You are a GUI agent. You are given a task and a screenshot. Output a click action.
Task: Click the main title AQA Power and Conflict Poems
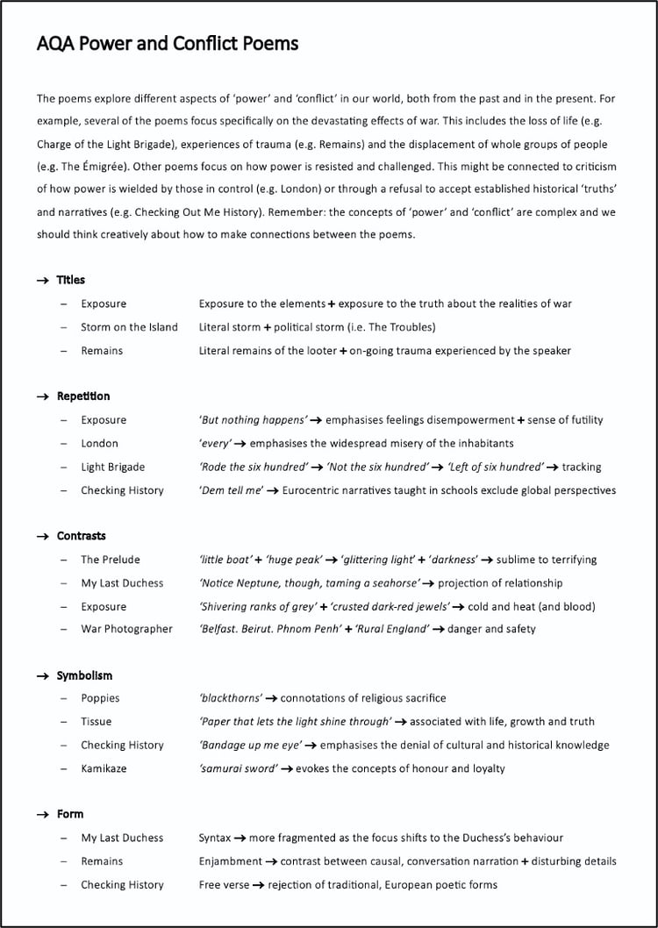168,43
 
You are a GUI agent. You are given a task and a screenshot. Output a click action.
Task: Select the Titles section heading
71,280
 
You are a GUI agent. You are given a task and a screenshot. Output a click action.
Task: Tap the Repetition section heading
83,396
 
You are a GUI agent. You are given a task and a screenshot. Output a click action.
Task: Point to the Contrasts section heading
81,536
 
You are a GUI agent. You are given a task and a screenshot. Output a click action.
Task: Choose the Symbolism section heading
84,676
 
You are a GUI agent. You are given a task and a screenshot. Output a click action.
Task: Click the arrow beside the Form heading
43,815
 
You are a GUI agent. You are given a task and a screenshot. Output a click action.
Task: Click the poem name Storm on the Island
129,327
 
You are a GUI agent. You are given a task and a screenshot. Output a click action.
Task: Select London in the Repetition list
99,444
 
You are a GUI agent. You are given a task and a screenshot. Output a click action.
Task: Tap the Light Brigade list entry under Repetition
113,468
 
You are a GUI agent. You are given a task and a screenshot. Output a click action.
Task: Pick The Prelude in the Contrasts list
111,560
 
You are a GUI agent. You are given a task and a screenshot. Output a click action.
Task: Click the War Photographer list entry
126,629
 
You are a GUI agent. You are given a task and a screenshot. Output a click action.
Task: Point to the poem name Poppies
100,698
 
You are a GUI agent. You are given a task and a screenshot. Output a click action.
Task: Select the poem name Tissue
97,722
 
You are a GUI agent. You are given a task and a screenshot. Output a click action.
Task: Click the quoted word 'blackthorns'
230,698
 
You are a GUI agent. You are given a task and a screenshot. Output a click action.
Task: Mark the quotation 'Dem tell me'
231,491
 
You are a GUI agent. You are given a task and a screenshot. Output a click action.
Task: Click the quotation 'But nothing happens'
253,420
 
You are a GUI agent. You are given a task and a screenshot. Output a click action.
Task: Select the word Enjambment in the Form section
230,861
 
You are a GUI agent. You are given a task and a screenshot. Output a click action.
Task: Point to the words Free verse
224,885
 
